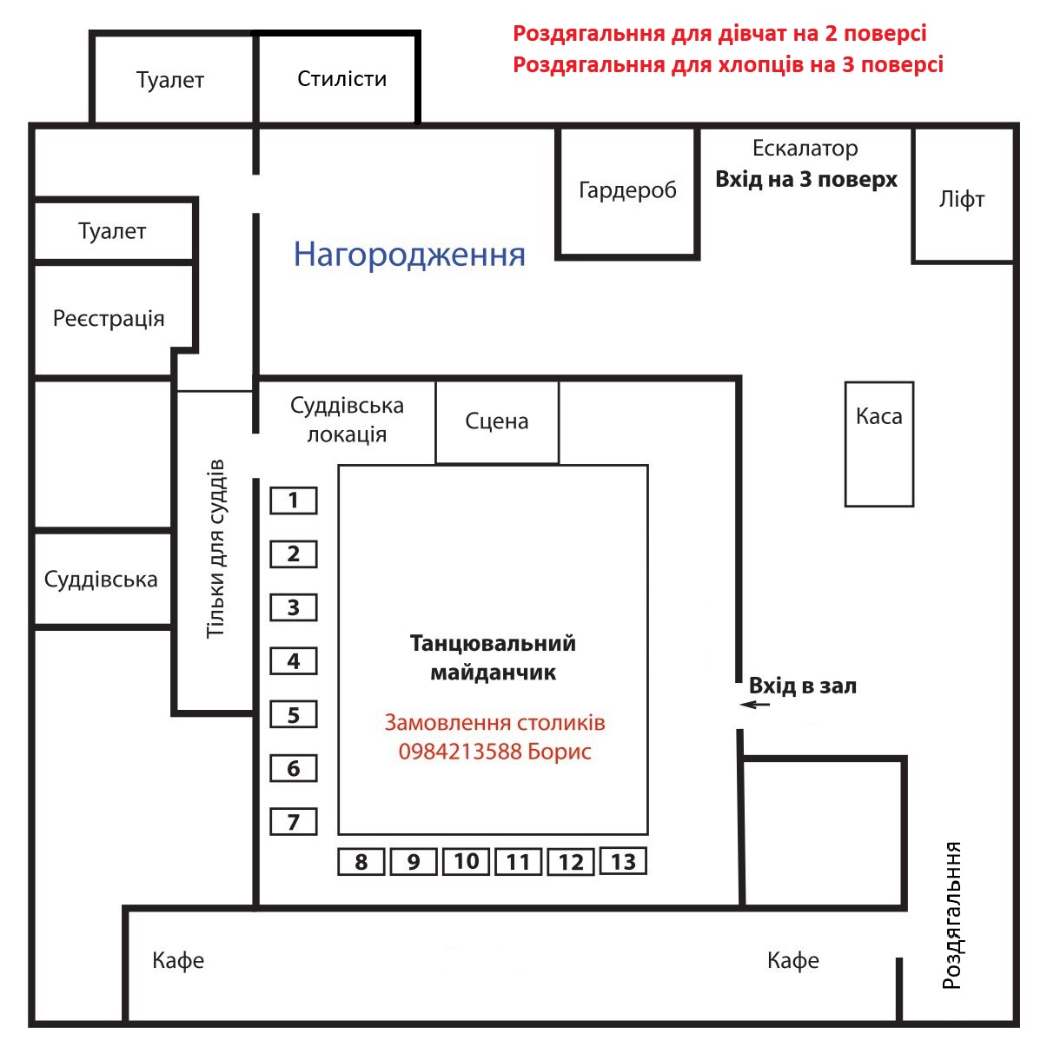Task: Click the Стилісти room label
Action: (341, 79)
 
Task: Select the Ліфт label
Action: (962, 199)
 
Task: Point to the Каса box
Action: (879, 444)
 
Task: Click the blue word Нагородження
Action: (409, 255)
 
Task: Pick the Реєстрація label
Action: (109, 318)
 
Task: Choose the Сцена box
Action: (497, 422)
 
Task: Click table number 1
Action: (293, 500)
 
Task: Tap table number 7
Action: (293, 821)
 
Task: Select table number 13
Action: (623, 861)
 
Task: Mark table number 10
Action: (466, 861)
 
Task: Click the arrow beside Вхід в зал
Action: (755, 704)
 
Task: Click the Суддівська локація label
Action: (347, 420)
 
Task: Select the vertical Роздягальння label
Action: (952, 916)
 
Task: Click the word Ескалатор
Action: (805, 149)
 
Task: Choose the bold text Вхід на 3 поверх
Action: (806, 179)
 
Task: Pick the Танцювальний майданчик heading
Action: (493, 658)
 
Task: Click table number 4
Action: (293, 661)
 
